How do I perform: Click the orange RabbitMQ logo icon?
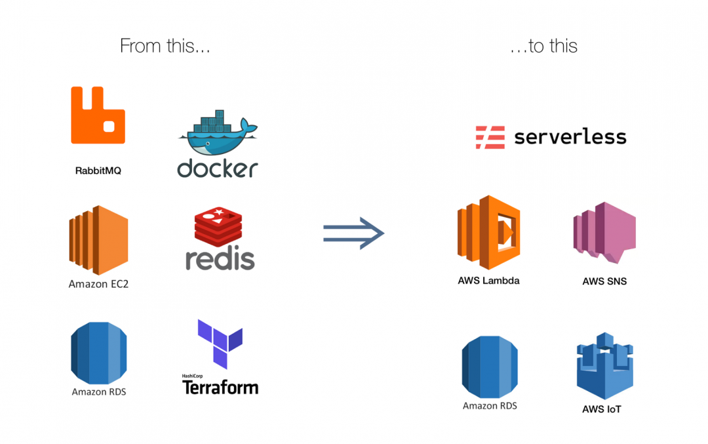[98, 115]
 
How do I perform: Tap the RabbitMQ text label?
[98, 171]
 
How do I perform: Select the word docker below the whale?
[217, 167]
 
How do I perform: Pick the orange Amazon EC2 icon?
[98, 240]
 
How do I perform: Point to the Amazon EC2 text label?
[98, 285]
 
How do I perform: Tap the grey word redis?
[220, 258]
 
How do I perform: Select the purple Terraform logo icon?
[220, 343]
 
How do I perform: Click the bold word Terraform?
[220, 387]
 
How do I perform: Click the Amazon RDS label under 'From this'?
[99, 392]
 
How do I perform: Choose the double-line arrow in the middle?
[353, 233]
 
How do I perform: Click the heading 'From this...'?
[165, 46]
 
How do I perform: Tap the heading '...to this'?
[543, 46]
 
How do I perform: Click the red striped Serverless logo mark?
[490, 137]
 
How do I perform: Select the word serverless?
[570, 137]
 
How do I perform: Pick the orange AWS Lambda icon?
[488, 232]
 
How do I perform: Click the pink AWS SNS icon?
[604, 232]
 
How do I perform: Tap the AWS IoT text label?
[601, 409]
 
